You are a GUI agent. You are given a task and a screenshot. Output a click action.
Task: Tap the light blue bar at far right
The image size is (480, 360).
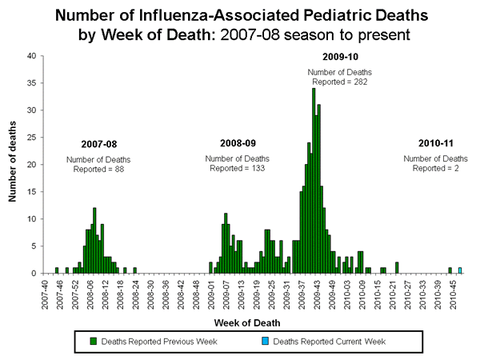(x=460, y=270)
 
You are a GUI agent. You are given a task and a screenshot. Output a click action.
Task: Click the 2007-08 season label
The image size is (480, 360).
(x=98, y=144)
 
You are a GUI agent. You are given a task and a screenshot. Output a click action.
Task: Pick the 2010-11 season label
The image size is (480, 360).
(x=436, y=143)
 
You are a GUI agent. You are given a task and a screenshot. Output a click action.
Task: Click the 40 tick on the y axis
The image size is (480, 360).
(x=30, y=56)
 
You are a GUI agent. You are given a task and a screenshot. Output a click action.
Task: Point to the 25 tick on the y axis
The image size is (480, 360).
(x=30, y=138)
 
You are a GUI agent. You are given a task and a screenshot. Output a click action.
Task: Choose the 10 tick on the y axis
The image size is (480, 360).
(x=30, y=219)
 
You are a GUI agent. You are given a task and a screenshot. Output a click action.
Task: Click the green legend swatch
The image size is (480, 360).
(x=94, y=342)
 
